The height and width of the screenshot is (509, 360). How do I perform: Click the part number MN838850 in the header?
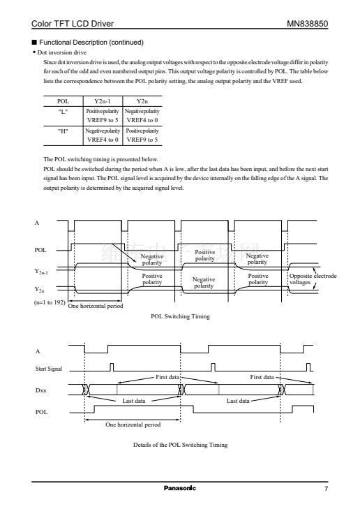pos(307,24)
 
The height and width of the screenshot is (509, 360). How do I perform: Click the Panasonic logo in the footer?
pos(180,488)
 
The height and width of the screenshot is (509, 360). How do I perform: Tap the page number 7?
pos(326,489)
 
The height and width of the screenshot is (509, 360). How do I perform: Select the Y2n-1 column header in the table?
pos(103,101)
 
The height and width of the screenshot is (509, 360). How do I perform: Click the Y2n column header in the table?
pos(142,101)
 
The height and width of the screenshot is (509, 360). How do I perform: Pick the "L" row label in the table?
pos(63,111)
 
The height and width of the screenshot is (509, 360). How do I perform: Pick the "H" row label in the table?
pos(63,131)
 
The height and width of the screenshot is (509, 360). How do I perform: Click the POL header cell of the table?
pos(63,101)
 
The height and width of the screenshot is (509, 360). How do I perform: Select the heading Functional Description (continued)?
pos(91,42)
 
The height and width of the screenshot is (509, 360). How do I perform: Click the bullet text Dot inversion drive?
pos(62,52)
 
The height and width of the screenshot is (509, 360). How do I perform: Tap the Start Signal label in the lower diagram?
pos(49,369)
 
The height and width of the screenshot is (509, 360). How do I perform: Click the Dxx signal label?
pos(41,390)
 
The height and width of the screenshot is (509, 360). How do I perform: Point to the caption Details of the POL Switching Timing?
pos(180,445)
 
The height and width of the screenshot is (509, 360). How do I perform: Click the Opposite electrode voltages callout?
pos(313,279)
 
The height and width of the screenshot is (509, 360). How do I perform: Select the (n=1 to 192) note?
pos(50,302)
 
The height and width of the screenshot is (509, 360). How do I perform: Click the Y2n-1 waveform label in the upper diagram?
pos(41,272)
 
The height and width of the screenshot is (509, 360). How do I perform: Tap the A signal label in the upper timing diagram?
pos(37,223)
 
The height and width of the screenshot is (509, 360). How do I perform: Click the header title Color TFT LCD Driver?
pos(73,24)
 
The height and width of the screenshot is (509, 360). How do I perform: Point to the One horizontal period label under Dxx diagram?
pos(133,425)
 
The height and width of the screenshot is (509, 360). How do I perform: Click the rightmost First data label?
pos(262,377)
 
